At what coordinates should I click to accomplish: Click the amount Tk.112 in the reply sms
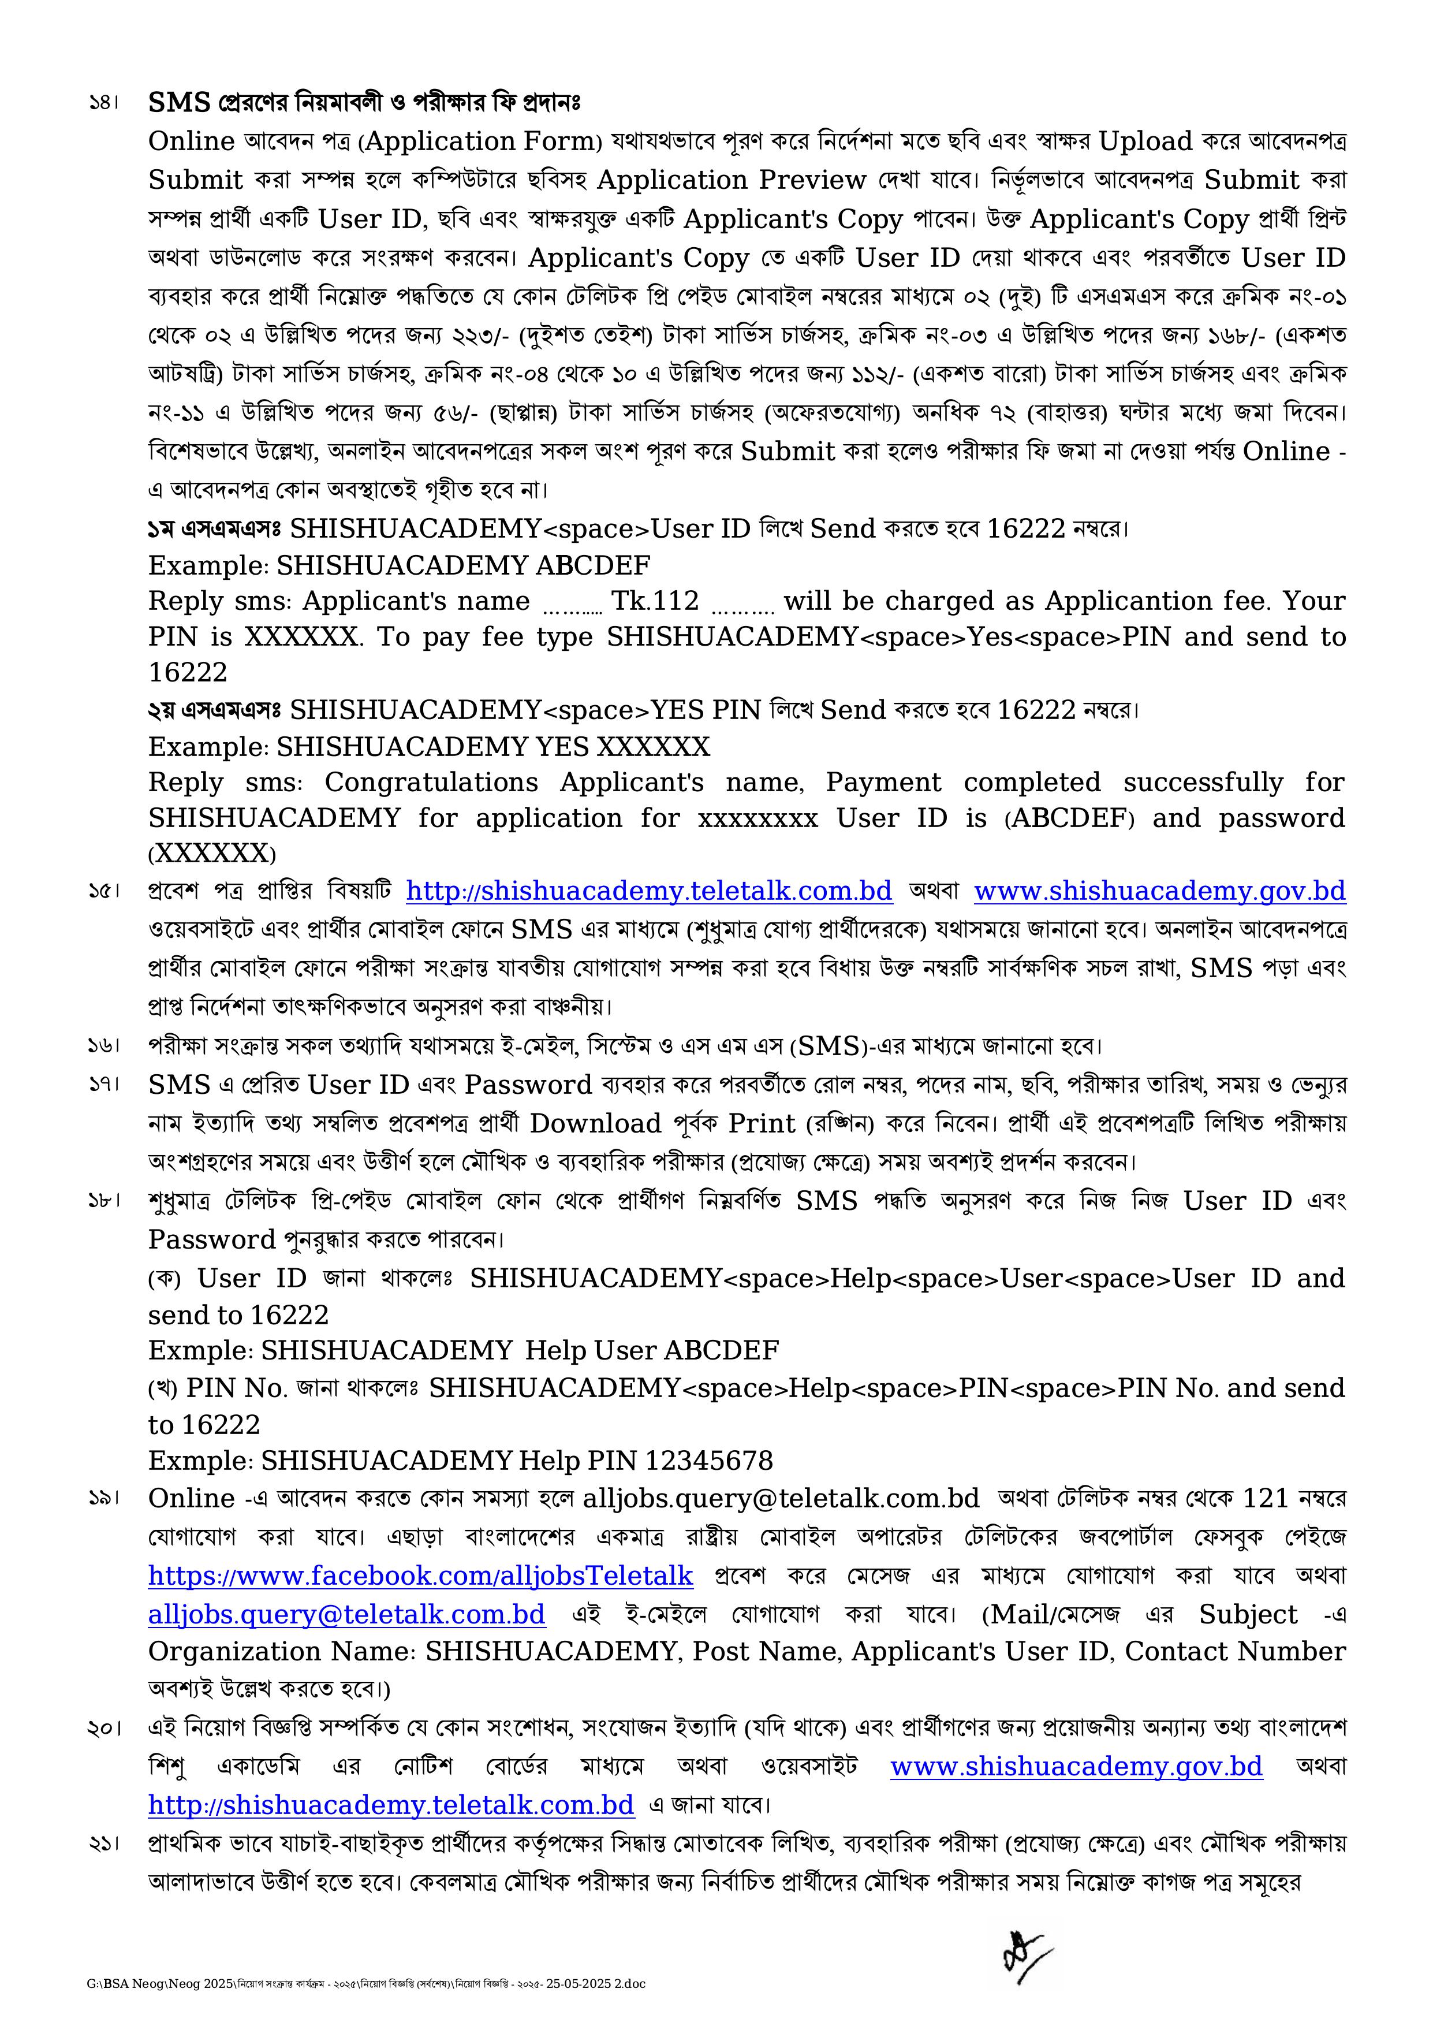pos(655,601)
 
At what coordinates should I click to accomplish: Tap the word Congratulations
pos(431,783)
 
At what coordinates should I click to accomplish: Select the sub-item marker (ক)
pos(164,1279)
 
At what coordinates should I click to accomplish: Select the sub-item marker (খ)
pos(163,1388)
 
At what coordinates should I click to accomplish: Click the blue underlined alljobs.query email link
pos(347,1614)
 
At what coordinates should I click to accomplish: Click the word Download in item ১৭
pos(596,1123)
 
